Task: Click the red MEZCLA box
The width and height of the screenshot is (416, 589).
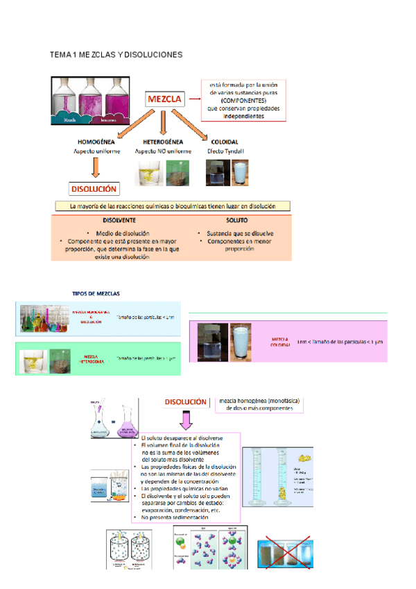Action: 164,99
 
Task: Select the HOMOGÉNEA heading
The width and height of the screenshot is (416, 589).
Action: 96,142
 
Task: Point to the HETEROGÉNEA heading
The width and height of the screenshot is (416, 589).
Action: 162,142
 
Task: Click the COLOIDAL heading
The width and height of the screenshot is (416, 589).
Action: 225,142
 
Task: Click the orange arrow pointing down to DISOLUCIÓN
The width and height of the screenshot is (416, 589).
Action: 96,167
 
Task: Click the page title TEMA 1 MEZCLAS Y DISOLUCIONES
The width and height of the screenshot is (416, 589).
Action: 116,54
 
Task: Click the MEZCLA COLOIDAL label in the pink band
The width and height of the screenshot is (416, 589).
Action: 280,342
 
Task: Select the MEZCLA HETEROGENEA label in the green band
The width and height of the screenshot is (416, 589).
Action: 92,360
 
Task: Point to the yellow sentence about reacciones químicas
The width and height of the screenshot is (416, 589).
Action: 173,206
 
